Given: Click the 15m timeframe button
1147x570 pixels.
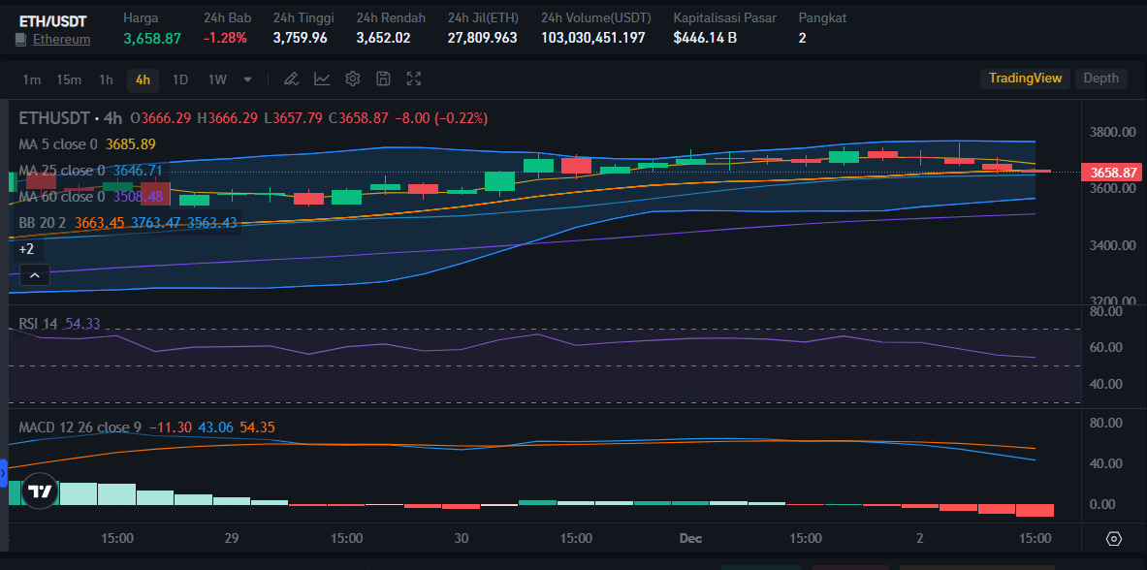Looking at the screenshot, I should (x=68, y=79).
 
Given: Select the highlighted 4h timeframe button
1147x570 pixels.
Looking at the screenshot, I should (x=143, y=79).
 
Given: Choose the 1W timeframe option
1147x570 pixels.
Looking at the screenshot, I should (x=217, y=79).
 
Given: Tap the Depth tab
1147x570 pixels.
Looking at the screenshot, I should (x=1100, y=79).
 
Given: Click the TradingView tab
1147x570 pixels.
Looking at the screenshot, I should (x=1025, y=79).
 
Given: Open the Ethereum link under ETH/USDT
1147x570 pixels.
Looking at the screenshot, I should (x=61, y=40).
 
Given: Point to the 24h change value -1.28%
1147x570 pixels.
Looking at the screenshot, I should (x=225, y=38).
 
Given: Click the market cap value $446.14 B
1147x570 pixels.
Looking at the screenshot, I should (x=705, y=38).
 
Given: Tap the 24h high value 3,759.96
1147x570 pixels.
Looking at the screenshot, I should (x=300, y=38).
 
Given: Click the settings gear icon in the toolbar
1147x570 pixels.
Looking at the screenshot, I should (x=353, y=79).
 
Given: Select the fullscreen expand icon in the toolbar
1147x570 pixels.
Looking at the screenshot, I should (x=414, y=79).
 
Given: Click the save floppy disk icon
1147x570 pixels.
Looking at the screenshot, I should (x=383, y=79).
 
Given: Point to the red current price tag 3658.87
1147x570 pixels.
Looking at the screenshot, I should (x=1113, y=173).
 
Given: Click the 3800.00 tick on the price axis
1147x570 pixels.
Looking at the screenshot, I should (x=1111, y=132).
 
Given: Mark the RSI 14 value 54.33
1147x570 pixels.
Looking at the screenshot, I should (x=82, y=324).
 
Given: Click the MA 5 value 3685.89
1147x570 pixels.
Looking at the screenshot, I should (x=131, y=144).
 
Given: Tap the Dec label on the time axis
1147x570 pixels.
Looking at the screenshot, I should (x=690, y=538).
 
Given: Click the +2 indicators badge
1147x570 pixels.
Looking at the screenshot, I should (x=27, y=249).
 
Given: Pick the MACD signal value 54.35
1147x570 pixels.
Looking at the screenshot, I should (x=257, y=427).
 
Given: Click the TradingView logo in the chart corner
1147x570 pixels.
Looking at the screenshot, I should (x=39, y=491).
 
